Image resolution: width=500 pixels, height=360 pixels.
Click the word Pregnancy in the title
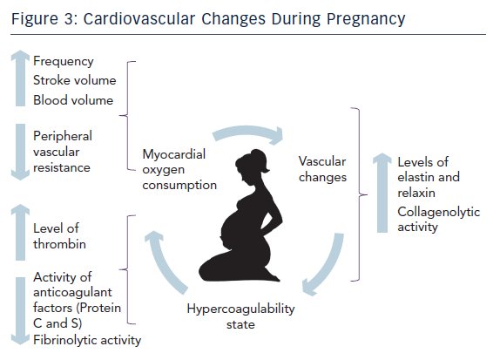[x=366, y=19]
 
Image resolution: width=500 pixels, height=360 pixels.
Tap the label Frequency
[x=63, y=61]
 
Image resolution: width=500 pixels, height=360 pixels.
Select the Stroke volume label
[x=75, y=80]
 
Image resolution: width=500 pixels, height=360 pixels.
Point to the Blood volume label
[x=73, y=100]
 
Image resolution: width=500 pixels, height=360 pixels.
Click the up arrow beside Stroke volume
[x=20, y=78]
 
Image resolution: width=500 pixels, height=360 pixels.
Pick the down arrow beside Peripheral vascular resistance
[x=20, y=153]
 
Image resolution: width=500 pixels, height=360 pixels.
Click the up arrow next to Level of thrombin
[x=20, y=233]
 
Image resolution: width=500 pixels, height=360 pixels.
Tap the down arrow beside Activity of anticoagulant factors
[x=20, y=311]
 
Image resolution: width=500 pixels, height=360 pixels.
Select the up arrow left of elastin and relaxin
[x=382, y=193]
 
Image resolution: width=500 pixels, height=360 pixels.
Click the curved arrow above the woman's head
[x=247, y=131]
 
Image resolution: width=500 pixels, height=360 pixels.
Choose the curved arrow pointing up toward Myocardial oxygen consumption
[x=163, y=263]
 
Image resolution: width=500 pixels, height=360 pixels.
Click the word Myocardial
[x=174, y=154]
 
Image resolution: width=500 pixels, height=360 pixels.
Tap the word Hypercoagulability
[x=240, y=309]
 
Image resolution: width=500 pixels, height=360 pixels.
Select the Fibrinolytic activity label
[x=87, y=340]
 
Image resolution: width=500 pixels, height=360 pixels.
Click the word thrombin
[x=59, y=244]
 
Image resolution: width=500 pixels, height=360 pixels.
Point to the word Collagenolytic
[x=439, y=212]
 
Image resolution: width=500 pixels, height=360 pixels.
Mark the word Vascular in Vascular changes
[x=322, y=161]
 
